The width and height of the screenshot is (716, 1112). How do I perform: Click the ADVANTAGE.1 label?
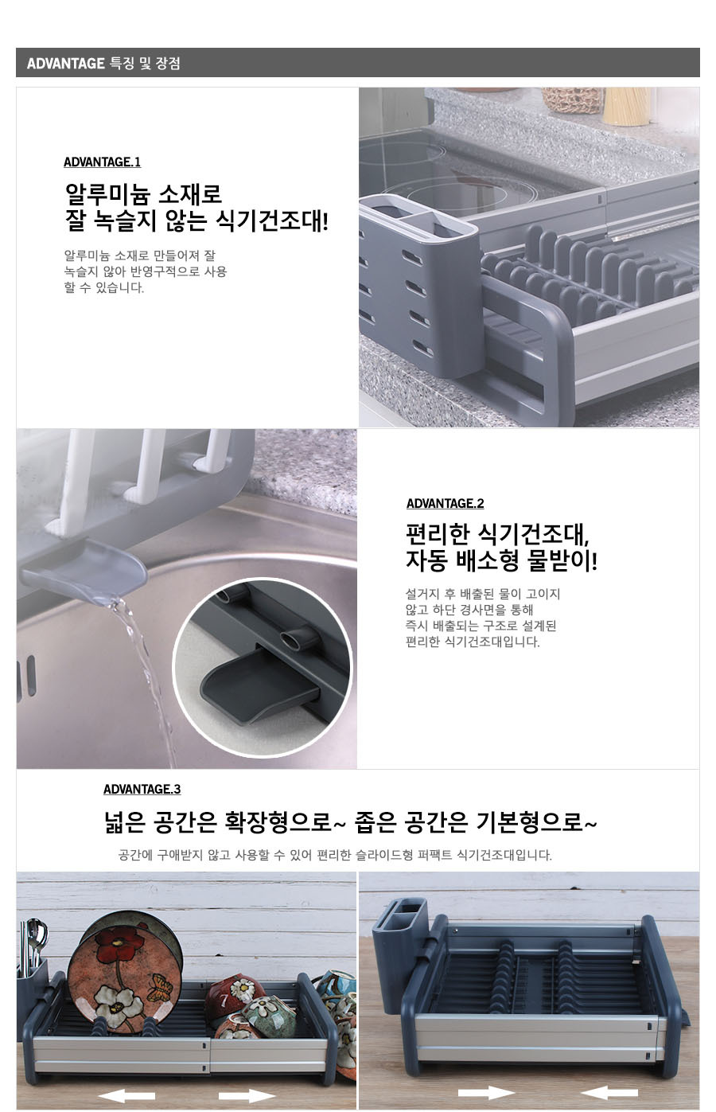pos(102,162)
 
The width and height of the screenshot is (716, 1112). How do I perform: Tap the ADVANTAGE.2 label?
pos(445,503)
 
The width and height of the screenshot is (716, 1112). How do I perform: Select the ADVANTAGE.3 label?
pos(142,790)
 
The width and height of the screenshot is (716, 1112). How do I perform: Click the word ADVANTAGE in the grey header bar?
pos(65,63)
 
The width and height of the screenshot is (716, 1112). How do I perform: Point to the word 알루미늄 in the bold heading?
pos(107,194)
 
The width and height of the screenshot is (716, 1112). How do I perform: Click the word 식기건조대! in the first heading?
pos(272,220)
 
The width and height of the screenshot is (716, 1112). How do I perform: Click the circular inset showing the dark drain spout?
pos(262,667)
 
